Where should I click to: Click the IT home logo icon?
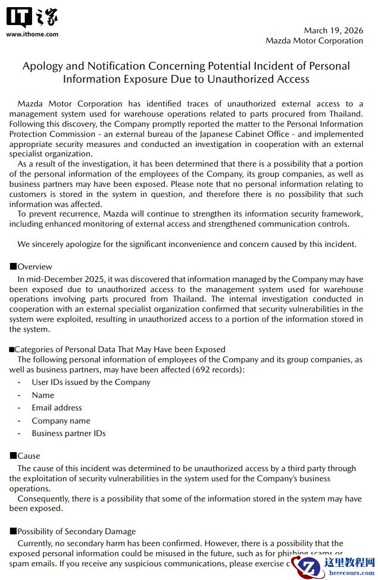coord(32,18)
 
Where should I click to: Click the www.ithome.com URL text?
coord(32,34)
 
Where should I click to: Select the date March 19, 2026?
coord(333,30)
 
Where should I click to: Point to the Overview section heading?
coord(35,267)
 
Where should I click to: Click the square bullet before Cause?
coord(13,456)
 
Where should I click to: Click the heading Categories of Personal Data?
coord(119,349)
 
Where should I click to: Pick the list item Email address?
coord(57,407)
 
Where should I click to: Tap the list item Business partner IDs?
coord(68,433)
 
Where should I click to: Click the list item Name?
coord(43,395)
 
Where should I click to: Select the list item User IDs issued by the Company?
coord(91,382)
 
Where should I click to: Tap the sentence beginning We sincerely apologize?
coord(187,244)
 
